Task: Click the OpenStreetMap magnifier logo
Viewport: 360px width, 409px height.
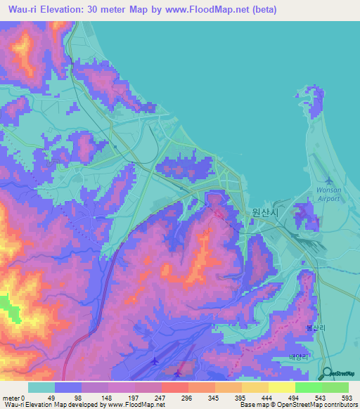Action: [x=328, y=374]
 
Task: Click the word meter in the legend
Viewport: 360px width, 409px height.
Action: [x=13, y=397]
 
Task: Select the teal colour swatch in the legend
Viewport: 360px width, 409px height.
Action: [x=41, y=387]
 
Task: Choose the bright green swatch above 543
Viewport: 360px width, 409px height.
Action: [x=309, y=387]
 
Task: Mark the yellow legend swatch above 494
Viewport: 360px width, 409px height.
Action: [x=282, y=387]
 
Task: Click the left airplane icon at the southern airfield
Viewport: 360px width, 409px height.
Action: [x=154, y=361]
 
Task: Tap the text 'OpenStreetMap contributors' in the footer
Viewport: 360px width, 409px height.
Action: [x=316, y=405]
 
